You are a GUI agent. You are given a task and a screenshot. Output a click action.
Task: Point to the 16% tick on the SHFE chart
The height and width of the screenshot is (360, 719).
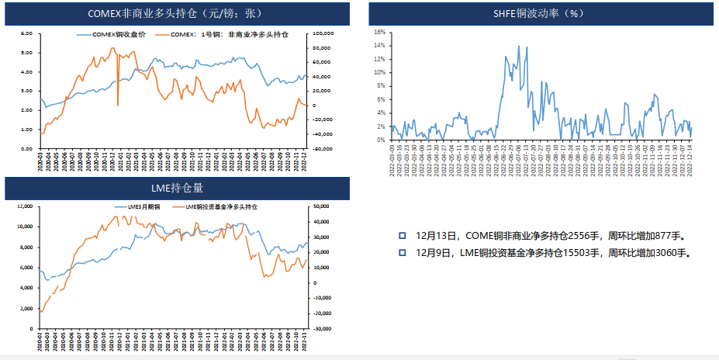coord(379,32)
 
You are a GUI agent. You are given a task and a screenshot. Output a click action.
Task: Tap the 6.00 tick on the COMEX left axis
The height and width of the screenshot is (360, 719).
coord(26,33)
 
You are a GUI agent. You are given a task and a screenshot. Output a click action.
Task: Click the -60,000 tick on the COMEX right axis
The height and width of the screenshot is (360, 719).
coord(323,148)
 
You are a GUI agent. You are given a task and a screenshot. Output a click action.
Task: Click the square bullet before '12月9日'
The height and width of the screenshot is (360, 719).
coord(403,253)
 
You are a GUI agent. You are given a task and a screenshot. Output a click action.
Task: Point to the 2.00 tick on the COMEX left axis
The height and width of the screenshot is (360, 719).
coord(26,110)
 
